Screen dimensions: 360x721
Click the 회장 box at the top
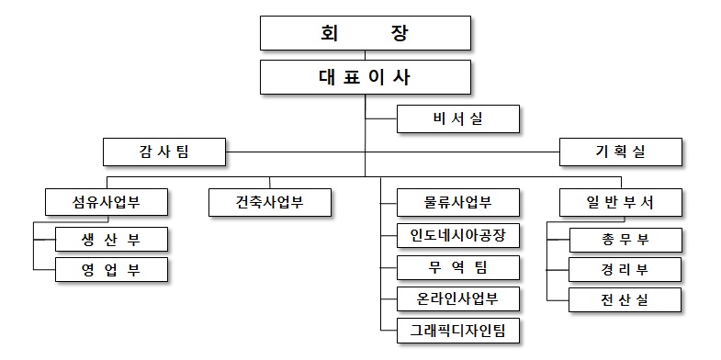click(365, 34)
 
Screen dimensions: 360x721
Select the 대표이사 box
click(365, 77)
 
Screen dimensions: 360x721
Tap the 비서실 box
click(458, 119)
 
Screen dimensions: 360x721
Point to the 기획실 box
click(621, 152)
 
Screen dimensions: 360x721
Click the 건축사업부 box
click(270, 202)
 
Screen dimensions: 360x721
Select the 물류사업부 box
click(458, 202)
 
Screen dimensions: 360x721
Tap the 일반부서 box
click(621, 202)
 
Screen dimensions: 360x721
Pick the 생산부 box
click(111, 240)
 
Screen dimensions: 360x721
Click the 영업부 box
click(111, 270)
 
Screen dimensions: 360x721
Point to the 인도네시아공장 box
click(458, 235)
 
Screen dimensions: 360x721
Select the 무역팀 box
click(458, 267)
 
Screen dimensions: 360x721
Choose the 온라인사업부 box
click(458, 298)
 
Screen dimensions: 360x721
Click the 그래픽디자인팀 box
click(458, 329)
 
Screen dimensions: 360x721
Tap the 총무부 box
click(626, 240)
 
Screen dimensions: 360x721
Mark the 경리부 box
click(626, 270)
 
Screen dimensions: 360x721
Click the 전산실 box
click(626, 299)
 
